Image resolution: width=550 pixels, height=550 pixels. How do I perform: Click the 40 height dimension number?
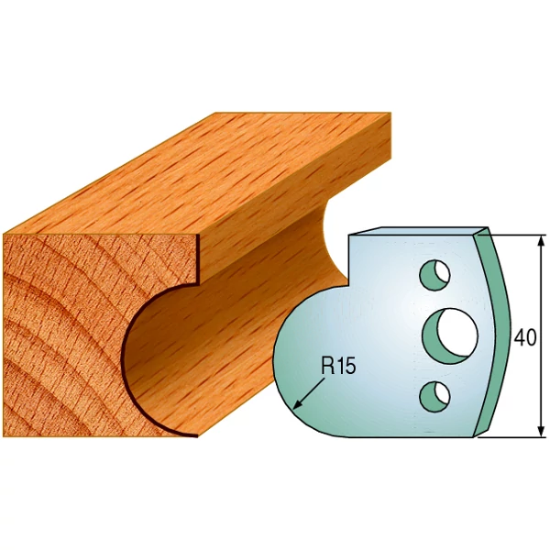click(525, 338)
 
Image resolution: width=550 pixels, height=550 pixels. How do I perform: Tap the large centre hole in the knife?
click(450, 336)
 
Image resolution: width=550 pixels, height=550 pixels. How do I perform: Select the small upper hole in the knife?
click(435, 275)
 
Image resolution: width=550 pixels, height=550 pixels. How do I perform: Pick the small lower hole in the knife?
click(434, 397)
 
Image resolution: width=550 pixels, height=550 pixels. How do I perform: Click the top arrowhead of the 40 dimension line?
click(542, 241)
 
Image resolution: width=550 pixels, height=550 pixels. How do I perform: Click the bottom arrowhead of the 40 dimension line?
click(542, 431)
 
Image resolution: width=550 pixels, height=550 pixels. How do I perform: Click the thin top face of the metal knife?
click(417, 231)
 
